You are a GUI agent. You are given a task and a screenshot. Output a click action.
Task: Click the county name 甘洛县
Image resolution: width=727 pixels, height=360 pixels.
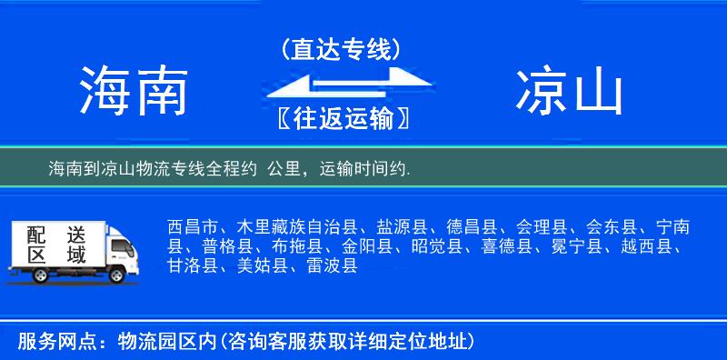(193, 265)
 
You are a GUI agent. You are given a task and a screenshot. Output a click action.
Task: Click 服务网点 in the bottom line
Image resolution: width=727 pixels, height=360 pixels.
(46, 342)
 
